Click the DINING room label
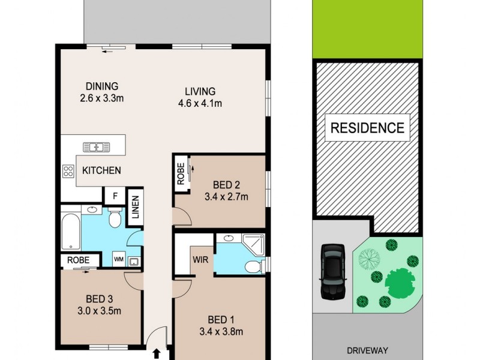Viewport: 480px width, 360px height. [x=101, y=86]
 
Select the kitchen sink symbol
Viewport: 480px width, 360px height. [x=94, y=146]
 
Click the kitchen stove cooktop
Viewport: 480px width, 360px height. [x=68, y=171]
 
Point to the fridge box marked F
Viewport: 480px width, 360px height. [x=113, y=196]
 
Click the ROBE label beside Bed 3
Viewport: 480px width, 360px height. [x=78, y=260]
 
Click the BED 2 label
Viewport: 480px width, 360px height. [x=227, y=184]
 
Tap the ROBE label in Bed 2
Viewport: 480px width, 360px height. [x=181, y=174]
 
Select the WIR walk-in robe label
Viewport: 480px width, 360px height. [x=200, y=260]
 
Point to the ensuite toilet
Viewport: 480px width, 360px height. [x=254, y=266]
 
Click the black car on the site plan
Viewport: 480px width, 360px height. [x=331, y=271]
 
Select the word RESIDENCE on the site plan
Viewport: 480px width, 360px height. [x=367, y=127]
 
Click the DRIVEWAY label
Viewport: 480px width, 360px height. [x=367, y=350]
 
